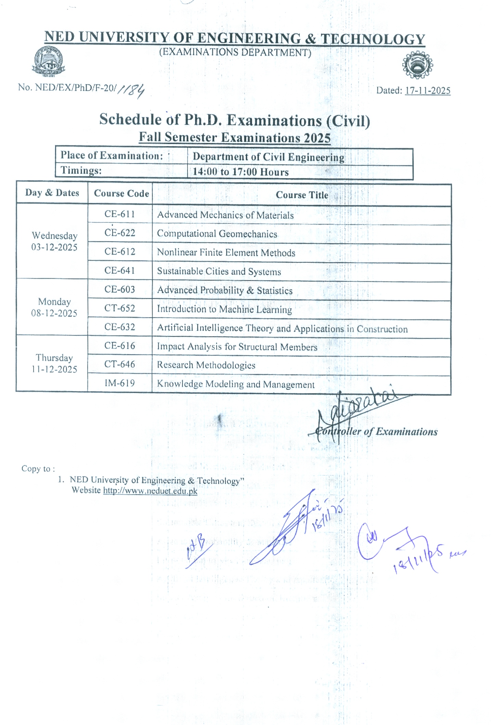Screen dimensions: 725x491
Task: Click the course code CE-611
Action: [x=119, y=214]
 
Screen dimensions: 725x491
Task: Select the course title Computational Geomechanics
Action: [x=217, y=234]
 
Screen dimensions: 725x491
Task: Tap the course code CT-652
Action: [x=119, y=308]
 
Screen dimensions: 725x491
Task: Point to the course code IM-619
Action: [x=119, y=383]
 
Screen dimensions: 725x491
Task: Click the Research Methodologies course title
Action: [x=206, y=365]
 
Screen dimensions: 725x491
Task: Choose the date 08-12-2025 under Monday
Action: [x=54, y=313]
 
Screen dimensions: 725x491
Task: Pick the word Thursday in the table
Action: [x=54, y=358]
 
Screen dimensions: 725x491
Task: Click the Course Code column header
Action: [x=121, y=194]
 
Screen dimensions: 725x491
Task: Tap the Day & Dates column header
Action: [x=52, y=193]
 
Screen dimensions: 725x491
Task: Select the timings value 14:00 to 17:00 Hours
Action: [x=241, y=172]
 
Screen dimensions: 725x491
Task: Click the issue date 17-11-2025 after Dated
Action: [x=427, y=91]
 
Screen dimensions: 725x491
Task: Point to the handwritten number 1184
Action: [x=131, y=90]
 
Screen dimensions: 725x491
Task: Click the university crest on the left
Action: [x=48, y=61]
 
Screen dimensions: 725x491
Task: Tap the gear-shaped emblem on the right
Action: [x=417, y=65]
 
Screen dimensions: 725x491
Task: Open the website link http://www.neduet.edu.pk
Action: [x=150, y=491]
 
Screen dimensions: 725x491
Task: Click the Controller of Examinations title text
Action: [x=376, y=432]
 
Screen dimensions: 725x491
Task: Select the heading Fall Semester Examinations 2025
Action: [x=235, y=138]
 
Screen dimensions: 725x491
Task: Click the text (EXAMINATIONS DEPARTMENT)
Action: [x=235, y=52]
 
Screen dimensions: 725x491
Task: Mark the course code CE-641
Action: [x=119, y=271]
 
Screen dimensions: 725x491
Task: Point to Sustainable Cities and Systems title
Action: [x=219, y=272]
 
